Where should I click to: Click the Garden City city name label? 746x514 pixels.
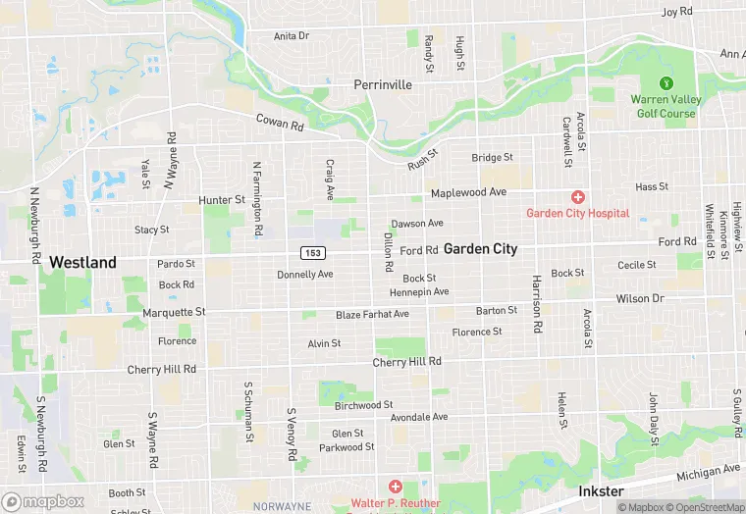[480, 249]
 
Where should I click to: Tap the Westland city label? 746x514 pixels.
[82, 262]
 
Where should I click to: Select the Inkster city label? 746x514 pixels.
[600, 489]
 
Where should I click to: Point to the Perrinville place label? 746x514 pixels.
[383, 85]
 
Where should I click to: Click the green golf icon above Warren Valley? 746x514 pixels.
[666, 82]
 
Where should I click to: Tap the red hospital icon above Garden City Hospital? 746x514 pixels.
[578, 197]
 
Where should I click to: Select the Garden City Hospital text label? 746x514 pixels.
[577, 213]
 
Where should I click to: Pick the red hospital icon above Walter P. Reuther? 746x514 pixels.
[395, 487]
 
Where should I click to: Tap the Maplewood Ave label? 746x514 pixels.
[468, 191]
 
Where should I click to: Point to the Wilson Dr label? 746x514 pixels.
[640, 298]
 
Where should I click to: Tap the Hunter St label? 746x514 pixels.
[221, 200]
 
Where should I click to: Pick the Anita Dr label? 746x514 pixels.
[291, 35]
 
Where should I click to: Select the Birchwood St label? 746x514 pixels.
[363, 404]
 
